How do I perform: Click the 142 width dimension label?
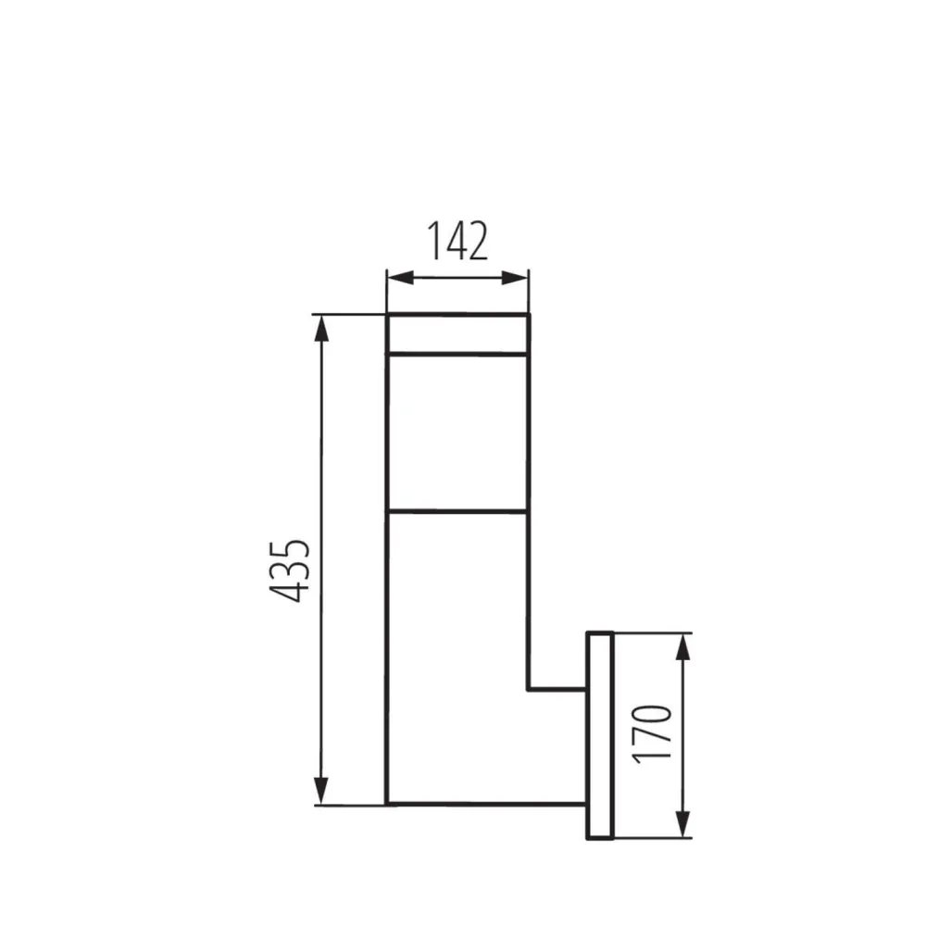click(x=457, y=241)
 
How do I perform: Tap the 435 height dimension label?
click(x=289, y=569)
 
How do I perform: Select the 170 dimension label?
click(x=652, y=732)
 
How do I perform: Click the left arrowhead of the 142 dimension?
click(x=400, y=278)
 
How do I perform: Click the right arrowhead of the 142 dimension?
click(x=514, y=278)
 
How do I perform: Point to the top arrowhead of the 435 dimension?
click(x=320, y=329)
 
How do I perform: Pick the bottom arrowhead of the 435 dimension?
click(x=320, y=790)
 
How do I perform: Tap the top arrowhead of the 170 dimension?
click(x=682, y=647)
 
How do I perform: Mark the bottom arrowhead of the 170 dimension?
click(x=682, y=824)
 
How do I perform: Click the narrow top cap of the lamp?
click(x=457, y=334)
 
